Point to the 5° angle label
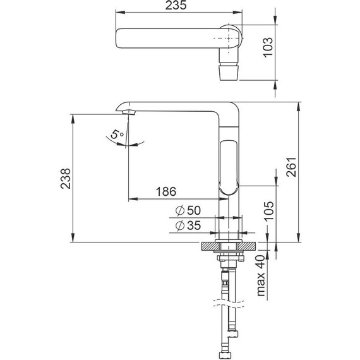click(x=115, y=134)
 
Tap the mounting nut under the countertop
click(x=228, y=257)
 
